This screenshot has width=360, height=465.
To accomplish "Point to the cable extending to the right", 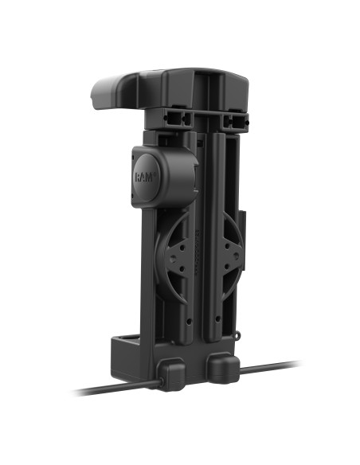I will pos(271,369).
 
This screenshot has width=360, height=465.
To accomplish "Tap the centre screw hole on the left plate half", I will pos(184,256).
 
